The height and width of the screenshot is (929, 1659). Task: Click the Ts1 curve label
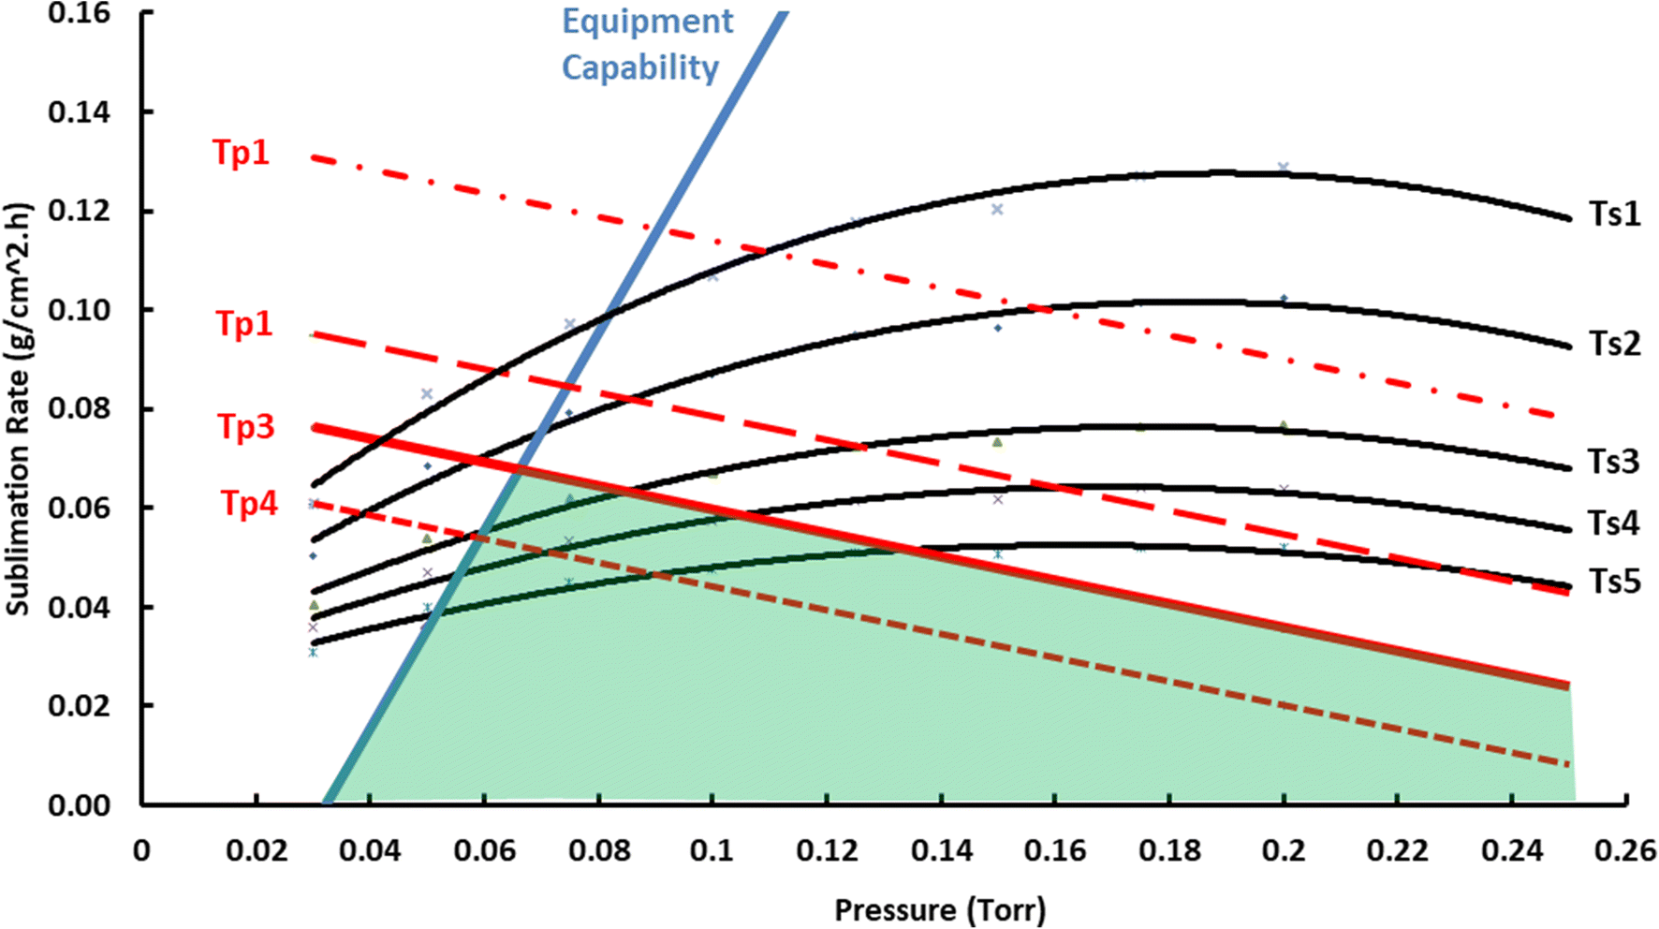pyautogui.click(x=1614, y=214)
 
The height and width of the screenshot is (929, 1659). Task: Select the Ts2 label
pyautogui.click(x=1614, y=344)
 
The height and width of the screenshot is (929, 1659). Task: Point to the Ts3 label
pyautogui.click(x=1614, y=462)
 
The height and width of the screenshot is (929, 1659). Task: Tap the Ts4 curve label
pyautogui.click(x=1614, y=523)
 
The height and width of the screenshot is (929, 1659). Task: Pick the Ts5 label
pyautogui.click(x=1614, y=582)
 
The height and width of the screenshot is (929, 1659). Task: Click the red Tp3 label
pyautogui.click(x=246, y=427)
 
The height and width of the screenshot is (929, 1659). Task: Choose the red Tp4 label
pyautogui.click(x=249, y=504)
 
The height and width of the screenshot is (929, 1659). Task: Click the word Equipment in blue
pyautogui.click(x=647, y=22)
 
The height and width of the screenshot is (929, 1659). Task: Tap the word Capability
pyautogui.click(x=640, y=67)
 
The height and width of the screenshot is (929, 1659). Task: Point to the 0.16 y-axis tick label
pyautogui.click(x=79, y=13)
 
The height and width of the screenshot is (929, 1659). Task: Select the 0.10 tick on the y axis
pyautogui.click(x=79, y=310)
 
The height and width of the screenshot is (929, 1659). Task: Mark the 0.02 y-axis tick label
pyautogui.click(x=79, y=705)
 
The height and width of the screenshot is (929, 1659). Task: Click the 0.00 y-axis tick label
pyautogui.click(x=79, y=804)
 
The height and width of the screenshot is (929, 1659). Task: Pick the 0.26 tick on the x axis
pyautogui.click(x=1626, y=850)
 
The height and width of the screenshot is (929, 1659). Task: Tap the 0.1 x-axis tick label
pyautogui.click(x=712, y=850)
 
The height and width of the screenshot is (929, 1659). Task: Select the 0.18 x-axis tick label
pyautogui.click(x=1169, y=850)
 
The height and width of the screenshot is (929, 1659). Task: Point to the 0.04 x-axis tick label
pyautogui.click(x=370, y=850)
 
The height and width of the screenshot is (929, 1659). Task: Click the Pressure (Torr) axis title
pyautogui.click(x=940, y=909)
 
